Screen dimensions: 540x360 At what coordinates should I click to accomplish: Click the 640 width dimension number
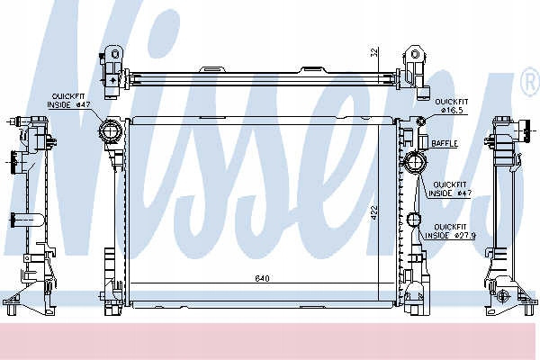tap(263, 278)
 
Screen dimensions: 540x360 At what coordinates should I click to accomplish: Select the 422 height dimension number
tap(374, 213)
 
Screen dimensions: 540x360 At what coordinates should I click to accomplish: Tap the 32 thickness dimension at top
tap(374, 52)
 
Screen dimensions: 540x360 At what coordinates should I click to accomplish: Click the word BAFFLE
tap(445, 143)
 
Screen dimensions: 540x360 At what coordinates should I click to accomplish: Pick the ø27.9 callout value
tap(465, 236)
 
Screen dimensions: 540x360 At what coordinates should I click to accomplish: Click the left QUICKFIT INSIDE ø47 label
tap(66, 101)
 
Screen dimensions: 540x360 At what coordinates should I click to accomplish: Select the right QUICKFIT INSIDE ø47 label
tap(450, 189)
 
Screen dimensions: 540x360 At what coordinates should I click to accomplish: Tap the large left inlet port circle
tap(110, 131)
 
